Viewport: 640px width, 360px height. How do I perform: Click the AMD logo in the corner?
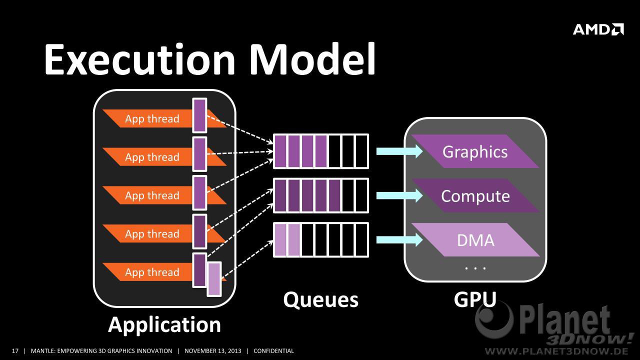pos(598,29)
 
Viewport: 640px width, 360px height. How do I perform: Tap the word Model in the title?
pos(312,59)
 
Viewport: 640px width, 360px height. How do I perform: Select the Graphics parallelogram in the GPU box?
pos(475,151)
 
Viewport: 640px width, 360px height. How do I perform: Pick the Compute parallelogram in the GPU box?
pos(475,195)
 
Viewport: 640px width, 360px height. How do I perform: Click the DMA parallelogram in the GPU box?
pos(475,239)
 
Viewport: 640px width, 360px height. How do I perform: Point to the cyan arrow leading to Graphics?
pos(399,151)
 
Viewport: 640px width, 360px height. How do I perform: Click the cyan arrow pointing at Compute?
pos(399,195)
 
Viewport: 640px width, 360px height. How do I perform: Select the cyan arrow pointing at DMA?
pos(399,239)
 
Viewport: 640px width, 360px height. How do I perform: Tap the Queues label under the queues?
pos(320,300)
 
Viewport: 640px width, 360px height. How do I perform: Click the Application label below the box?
pos(164,325)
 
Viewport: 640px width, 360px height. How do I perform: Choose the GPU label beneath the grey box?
pos(475,299)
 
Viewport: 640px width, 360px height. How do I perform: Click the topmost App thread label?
pos(152,118)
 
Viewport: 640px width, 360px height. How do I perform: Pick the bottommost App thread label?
pos(152,272)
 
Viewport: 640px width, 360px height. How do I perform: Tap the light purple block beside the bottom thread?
pos(214,279)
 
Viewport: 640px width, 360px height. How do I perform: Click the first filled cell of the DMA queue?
pos(280,239)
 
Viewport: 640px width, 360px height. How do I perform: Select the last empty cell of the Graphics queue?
pos(361,151)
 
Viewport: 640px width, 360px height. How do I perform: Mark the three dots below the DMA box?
pos(475,268)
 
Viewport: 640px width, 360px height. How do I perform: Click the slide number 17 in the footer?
pos(15,351)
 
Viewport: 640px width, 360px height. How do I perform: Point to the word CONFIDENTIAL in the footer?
pos(273,351)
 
